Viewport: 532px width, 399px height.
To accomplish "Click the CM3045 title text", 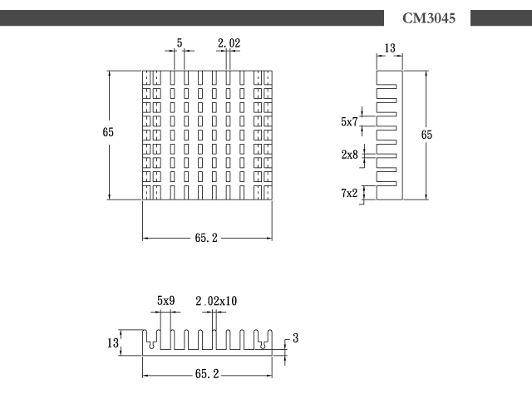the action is (x=429, y=18).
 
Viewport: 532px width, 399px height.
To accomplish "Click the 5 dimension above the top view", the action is (x=180, y=43).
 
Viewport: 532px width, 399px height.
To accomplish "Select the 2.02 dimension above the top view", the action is (x=229, y=43).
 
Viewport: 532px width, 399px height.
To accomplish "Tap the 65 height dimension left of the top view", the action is (x=108, y=132).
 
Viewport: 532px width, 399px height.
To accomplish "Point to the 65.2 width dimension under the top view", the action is (x=206, y=238).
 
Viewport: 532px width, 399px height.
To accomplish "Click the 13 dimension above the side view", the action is (x=390, y=48).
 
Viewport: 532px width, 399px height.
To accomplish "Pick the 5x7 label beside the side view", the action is (x=349, y=121).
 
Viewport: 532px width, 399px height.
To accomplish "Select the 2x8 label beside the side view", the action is (x=349, y=155).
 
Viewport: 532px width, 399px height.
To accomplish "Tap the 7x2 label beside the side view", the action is (x=349, y=193).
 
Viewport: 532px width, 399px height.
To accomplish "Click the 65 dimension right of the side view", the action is (x=426, y=135).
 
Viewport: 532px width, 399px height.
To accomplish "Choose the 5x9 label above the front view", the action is (x=166, y=301).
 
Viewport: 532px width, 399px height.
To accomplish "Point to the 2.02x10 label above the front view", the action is (x=216, y=301).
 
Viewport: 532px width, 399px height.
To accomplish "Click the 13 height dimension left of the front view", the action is (x=113, y=343).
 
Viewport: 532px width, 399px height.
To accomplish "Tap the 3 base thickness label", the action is (x=296, y=338).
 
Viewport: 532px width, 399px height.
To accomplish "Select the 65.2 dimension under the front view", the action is (x=207, y=374).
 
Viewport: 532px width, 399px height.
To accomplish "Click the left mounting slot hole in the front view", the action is (x=151, y=345).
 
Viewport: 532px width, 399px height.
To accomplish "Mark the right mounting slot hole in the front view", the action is (x=263, y=345).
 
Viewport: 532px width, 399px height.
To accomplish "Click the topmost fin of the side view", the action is (x=387, y=86).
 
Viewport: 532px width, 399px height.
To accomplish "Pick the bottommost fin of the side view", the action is (x=387, y=184).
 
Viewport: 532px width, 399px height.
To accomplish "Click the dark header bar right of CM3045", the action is (x=501, y=18).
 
